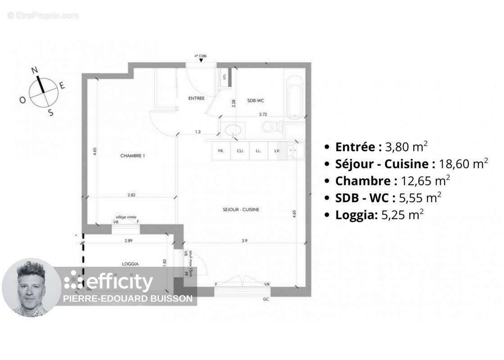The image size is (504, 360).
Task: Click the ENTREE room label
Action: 196,98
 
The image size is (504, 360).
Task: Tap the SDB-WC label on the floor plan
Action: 255,101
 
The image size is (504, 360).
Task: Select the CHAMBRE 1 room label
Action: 132,156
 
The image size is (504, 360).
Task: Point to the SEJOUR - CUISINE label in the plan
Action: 241,209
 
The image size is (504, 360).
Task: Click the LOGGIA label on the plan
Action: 130,264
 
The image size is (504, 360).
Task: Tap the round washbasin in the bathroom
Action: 233,130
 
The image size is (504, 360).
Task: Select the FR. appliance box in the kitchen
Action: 221,151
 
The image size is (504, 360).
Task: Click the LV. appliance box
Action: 277,151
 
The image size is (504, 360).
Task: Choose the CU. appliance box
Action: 240,151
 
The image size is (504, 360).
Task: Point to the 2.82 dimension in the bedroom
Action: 132,194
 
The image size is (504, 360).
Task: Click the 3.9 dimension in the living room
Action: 245,241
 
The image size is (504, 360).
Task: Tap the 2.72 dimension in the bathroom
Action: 263,115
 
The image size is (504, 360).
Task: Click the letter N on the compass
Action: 34,70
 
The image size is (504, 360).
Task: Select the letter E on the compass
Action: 63,85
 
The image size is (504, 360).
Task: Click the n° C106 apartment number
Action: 200,56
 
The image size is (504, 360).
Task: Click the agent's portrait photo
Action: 31,288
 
